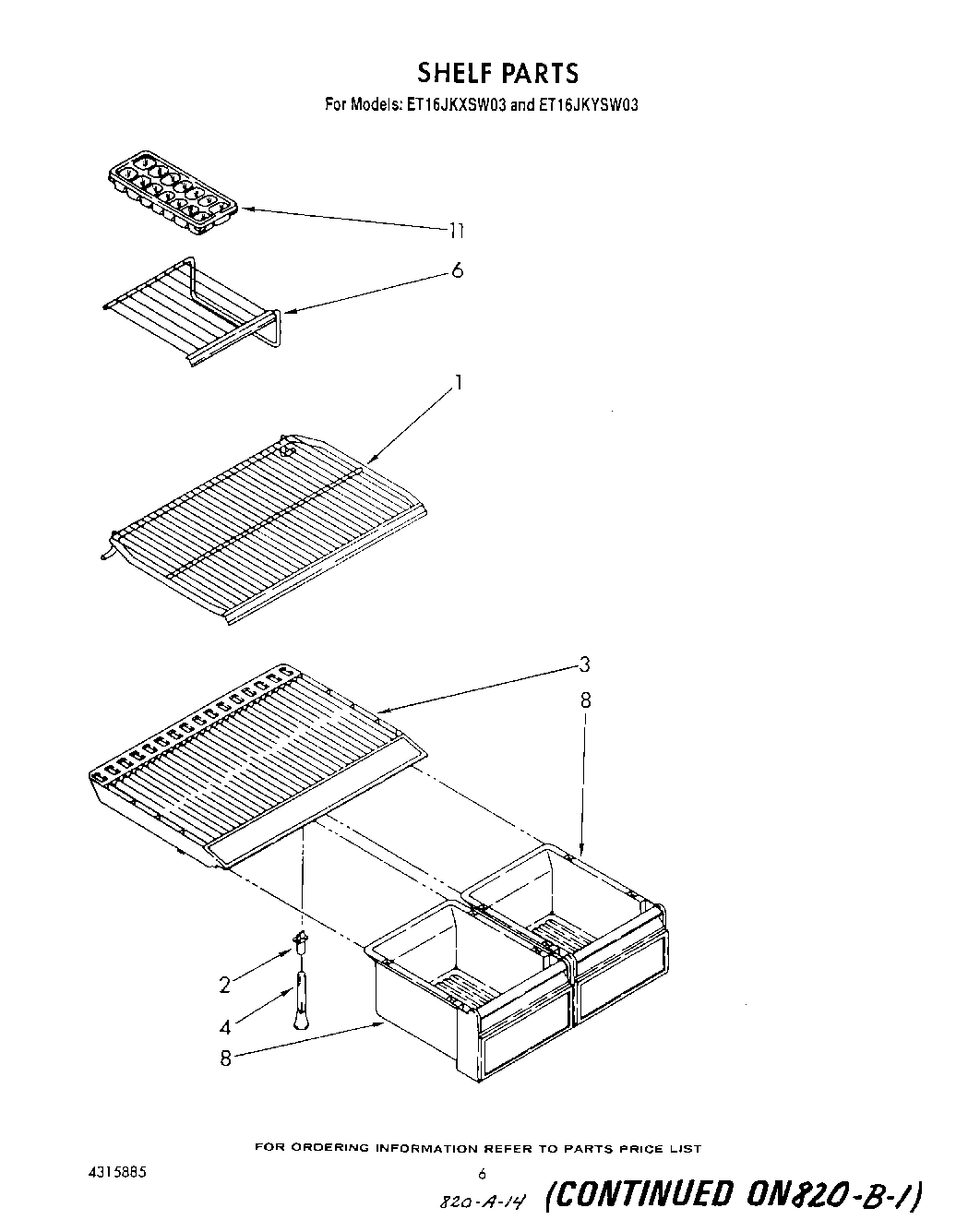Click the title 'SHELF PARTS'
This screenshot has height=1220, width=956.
(x=497, y=72)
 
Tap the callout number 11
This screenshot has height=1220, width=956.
(x=456, y=231)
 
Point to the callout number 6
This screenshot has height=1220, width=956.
(x=457, y=270)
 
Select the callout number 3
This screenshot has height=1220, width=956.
(x=584, y=664)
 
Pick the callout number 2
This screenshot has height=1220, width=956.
(x=224, y=985)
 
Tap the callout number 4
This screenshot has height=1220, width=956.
(x=224, y=1025)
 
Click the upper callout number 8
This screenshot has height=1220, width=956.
(x=585, y=700)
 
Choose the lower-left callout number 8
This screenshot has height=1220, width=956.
(x=225, y=1059)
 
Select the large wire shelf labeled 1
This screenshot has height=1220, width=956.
(x=258, y=526)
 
